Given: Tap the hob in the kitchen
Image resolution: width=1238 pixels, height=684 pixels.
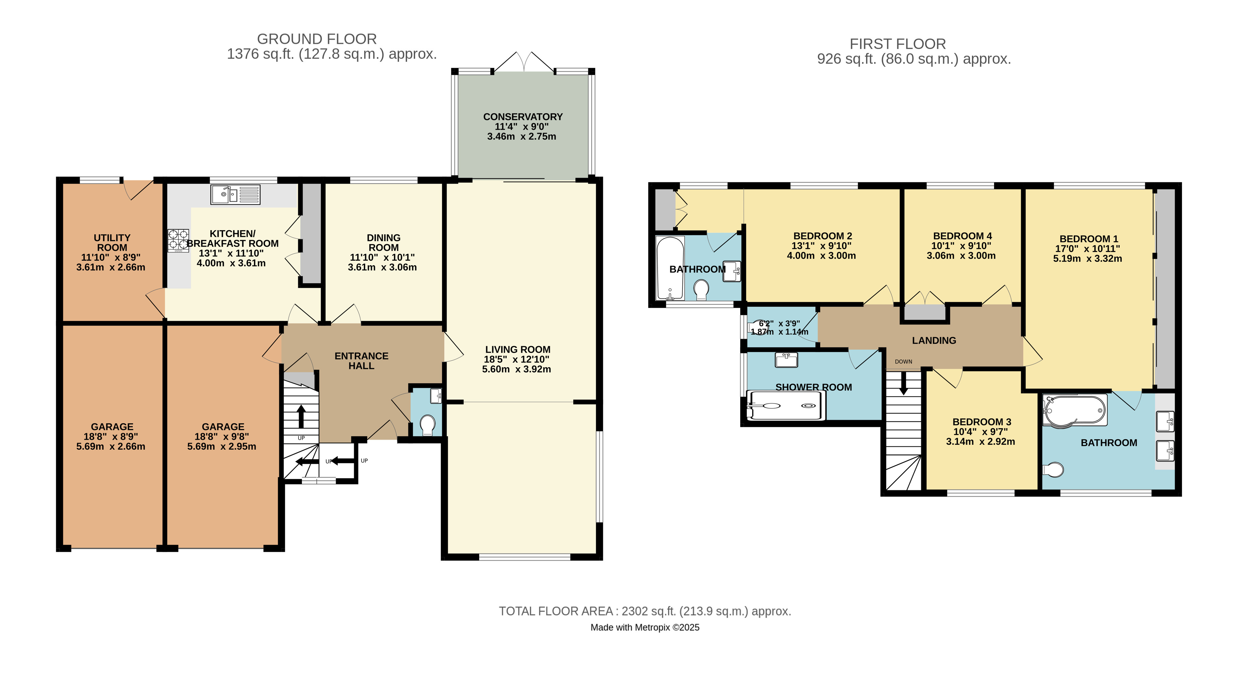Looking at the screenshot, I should click(178, 240).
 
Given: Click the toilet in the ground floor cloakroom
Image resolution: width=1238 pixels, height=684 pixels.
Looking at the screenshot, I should click(427, 424).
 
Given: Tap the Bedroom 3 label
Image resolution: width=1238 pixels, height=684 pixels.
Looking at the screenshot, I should click(981, 422).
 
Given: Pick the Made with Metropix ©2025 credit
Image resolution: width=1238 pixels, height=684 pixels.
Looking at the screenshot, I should click(645, 627).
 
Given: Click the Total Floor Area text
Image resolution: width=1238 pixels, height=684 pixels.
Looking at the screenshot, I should click(645, 611).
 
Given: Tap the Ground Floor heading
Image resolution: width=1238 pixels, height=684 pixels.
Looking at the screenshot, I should click(317, 39).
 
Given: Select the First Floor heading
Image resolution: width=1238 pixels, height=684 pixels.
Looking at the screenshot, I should click(897, 44).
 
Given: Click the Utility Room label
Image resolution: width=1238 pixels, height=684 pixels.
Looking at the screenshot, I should click(112, 243).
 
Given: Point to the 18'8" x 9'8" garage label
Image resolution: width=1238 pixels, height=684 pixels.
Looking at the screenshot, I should click(222, 436).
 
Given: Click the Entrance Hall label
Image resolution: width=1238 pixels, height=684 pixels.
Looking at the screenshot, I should click(362, 361).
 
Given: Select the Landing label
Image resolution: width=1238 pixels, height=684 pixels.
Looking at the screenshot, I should click(934, 340).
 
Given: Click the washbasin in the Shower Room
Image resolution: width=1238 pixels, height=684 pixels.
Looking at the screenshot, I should click(786, 360).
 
